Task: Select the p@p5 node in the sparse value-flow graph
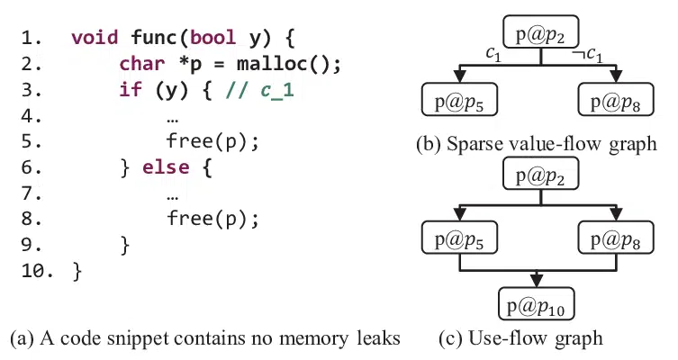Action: (460, 101)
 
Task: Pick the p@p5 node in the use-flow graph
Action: (460, 239)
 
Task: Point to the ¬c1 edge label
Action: (588, 56)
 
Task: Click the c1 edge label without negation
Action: (493, 56)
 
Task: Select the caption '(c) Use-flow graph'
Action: (520, 339)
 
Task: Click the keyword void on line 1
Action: (94, 39)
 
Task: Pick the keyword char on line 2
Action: (141, 64)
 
